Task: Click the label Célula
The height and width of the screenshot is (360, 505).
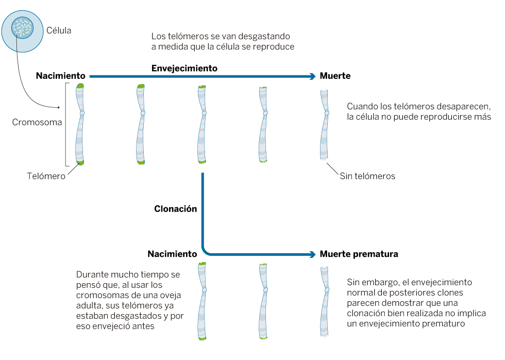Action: [x=59, y=31]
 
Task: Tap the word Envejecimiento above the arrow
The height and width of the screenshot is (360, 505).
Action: [x=184, y=68]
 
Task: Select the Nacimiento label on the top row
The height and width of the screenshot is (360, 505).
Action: [x=60, y=76]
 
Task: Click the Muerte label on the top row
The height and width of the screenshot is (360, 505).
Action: [x=335, y=76]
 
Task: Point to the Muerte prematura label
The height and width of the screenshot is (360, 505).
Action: [x=359, y=254]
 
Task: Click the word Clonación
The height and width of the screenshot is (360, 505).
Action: [x=175, y=209]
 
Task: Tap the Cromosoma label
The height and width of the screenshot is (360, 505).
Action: [x=37, y=123]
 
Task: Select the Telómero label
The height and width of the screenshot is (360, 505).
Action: [x=46, y=176]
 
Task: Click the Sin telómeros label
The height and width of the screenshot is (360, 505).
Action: [x=367, y=176]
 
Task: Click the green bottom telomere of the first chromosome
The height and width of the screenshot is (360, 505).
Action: [x=80, y=162]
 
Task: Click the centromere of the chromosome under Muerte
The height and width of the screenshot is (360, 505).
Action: [x=326, y=111]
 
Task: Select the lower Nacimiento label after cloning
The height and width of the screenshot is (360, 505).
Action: [x=172, y=254]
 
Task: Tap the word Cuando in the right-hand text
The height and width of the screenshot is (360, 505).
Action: [x=362, y=106]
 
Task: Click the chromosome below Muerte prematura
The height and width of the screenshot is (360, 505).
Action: [x=325, y=302]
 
